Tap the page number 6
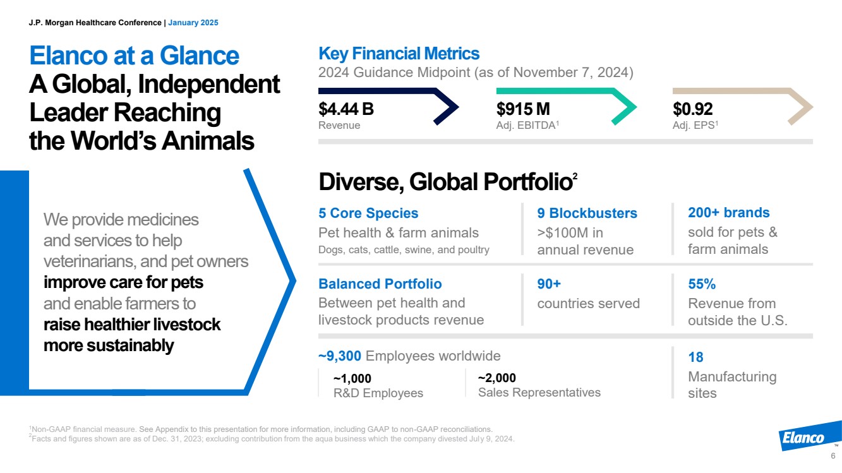coord(833,457)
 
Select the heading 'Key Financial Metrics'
coord(399,53)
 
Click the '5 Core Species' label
coord(368,213)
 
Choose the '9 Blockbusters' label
coord(587,213)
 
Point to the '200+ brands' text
coord(728,212)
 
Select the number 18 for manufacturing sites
coord(695,357)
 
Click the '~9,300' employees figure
coord(340,356)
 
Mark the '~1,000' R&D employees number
coord(352,378)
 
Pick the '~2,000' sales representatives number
coord(496,378)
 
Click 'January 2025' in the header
coord(193,23)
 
